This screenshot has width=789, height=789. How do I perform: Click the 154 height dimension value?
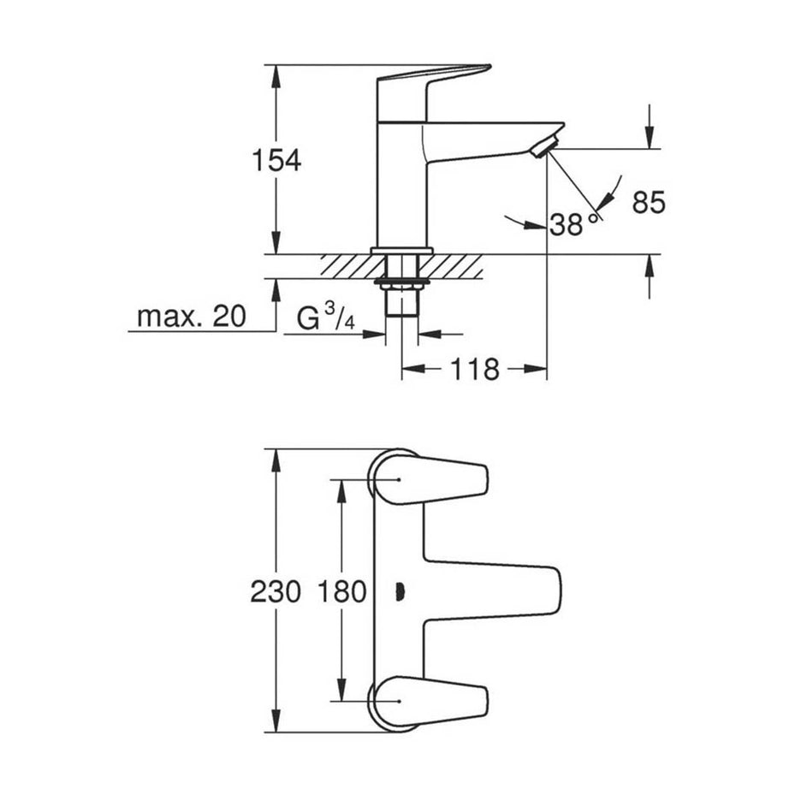(276, 160)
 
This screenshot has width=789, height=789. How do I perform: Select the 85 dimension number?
(649, 203)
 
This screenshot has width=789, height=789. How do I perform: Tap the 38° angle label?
(572, 225)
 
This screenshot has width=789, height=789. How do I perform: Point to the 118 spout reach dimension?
(475, 370)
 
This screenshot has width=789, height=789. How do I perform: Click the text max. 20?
(191, 317)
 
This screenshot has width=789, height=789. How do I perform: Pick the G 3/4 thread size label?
(325, 318)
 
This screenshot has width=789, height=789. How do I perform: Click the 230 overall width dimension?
(276, 591)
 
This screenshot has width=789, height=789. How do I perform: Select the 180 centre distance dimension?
(341, 591)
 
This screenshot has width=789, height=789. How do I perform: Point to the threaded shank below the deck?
(401, 304)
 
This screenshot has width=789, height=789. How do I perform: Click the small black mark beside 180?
(399, 590)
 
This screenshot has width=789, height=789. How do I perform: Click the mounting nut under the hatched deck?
(401, 282)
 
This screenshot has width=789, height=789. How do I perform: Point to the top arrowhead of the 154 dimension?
(276, 74)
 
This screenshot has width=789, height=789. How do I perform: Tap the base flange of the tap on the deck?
(401, 251)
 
